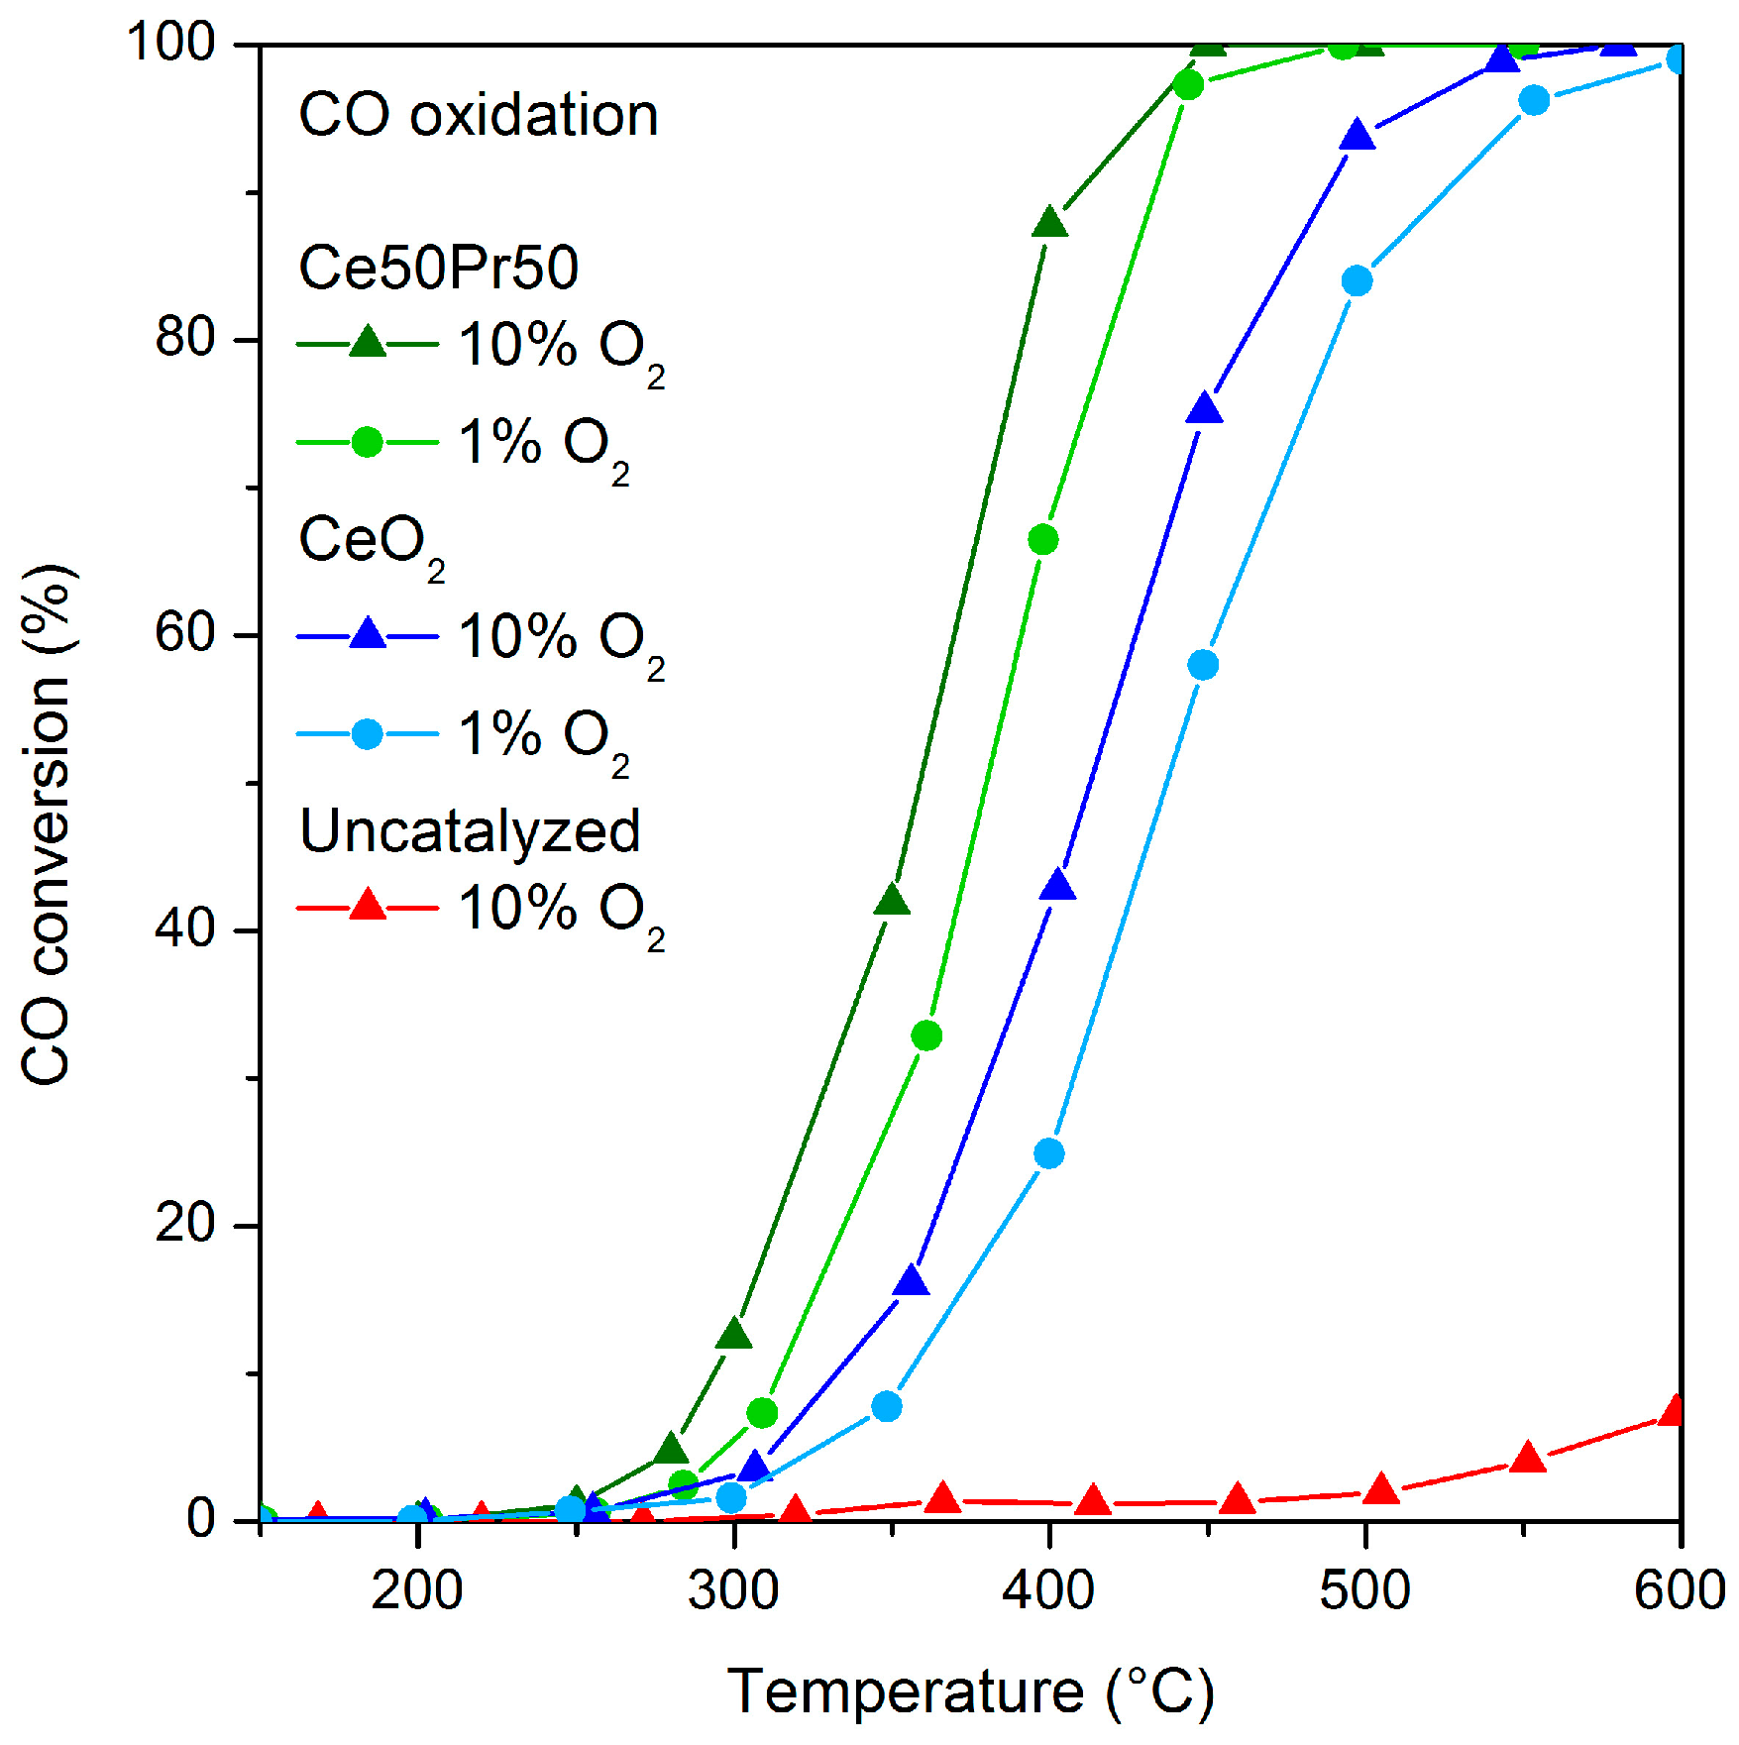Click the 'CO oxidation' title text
click(x=478, y=115)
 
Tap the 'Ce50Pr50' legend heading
click(x=438, y=268)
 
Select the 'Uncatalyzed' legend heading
click(x=470, y=830)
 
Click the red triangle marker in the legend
click(x=368, y=906)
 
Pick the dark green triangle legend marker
click(x=368, y=343)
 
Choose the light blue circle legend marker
click(x=368, y=734)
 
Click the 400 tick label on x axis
click(x=1048, y=1591)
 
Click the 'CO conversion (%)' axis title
click(x=47, y=824)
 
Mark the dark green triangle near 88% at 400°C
click(x=1049, y=224)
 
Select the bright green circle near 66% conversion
click(x=1042, y=540)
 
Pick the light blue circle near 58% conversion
click(x=1203, y=665)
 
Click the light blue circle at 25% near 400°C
click(x=1049, y=1153)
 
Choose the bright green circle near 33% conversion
click(x=926, y=1036)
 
